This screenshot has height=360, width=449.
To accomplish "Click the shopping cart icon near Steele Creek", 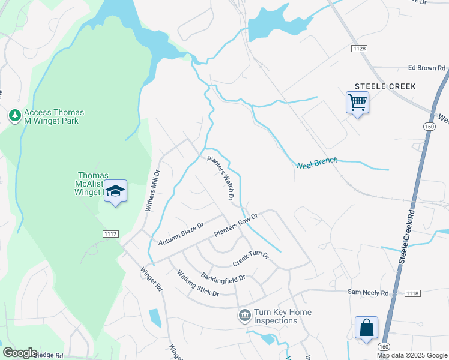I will click(x=357, y=103).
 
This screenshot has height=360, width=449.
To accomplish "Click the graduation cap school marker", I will click(x=115, y=191).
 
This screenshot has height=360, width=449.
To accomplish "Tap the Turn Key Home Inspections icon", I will click(x=244, y=316).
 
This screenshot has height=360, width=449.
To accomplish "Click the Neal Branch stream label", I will click(x=318, y=162).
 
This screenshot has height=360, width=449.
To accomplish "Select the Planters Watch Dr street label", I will click(x=220, y=178).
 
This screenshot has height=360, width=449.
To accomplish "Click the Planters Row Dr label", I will click(x=236, y=224).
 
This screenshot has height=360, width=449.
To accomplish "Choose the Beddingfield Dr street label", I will click(x=223, y=278).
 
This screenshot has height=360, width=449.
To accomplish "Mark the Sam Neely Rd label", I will click(x=369, y=293).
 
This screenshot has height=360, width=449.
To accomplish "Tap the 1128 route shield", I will click(x=359, y=47).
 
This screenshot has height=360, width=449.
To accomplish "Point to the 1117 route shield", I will click(x=111, y=235).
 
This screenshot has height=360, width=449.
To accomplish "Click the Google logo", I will click(x=20, y=353).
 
